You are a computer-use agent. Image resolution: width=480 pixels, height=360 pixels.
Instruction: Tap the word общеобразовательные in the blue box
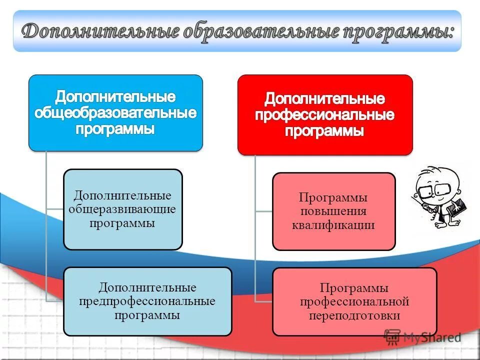[x=115, y=112]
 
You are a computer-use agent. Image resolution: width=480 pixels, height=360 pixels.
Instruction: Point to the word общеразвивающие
[x=122, y=209]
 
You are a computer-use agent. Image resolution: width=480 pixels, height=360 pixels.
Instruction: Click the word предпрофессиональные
[x=147, y=301]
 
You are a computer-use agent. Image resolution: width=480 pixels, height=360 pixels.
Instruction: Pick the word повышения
[x=333, y=211]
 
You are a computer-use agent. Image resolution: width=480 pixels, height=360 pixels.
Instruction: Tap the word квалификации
[x=333, y=225]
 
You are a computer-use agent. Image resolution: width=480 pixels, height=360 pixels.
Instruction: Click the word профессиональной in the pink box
[x=354, y=302]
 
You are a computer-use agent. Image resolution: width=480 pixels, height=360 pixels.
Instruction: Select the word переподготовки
[x=354, y=316]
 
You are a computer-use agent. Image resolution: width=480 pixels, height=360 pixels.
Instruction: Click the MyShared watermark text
[x=432, y=338]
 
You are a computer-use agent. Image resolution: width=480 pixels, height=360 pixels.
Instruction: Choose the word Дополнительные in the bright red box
[x=325, y=98]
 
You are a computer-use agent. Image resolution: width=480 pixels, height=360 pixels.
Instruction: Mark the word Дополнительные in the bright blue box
[x=115, y=95]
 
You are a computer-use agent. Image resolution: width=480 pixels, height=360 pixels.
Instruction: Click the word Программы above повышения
[x=333, y=197]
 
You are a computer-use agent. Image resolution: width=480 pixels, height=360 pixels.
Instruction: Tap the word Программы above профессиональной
[x=354, y=288]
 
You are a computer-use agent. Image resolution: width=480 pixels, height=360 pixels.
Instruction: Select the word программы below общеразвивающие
[x=122, y=223]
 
